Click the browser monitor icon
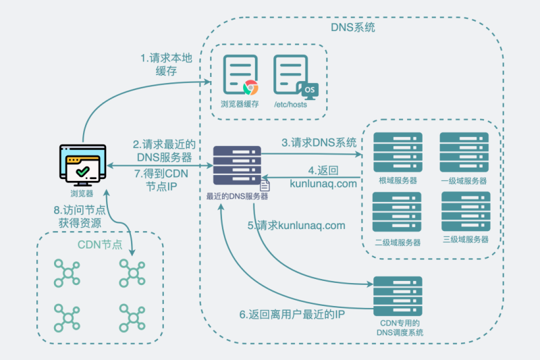click(82, 163)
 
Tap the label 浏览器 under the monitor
click(82, 193)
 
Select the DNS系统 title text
click(353, 28)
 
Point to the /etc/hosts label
click(292, 105)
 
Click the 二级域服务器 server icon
click(398, 212)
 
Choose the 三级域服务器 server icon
click(465, 212)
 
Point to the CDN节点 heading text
click(100, 244)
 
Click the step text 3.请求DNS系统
click(319, 143)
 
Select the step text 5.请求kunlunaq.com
click(301, 225)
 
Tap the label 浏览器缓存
click(240, 105)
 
